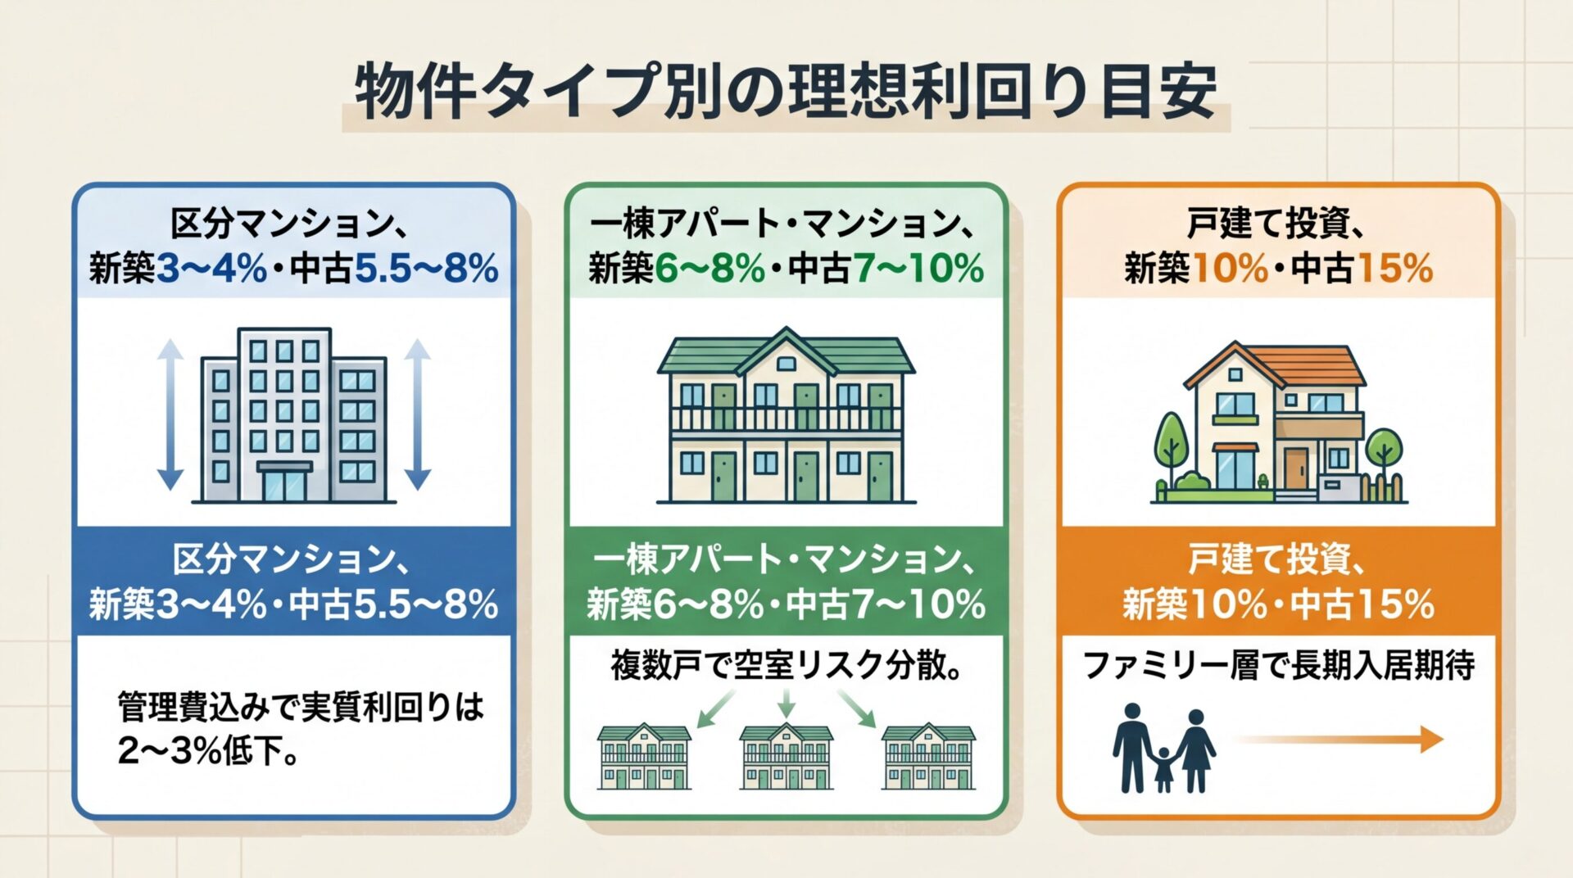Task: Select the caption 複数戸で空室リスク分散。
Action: point(786,665)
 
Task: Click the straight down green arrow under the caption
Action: point(786,704)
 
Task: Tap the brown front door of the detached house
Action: point(1296,468)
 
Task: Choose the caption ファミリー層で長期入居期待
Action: point(1278,665)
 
